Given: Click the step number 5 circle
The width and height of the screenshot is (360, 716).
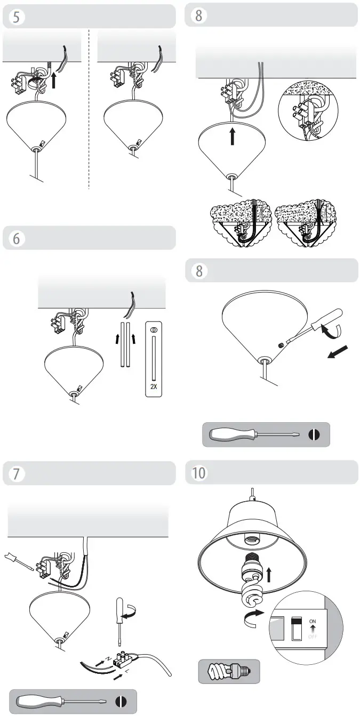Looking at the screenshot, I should click(x=16, y=16).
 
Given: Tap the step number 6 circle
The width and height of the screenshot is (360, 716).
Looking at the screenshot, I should click(x=16, y=238).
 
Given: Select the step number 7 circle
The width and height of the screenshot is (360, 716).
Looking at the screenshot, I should click(x=16, y=473).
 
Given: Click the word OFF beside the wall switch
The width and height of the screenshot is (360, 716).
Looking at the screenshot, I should click(x=312, y=636).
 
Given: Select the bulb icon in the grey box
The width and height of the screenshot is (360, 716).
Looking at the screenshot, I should click(x=229, y=671).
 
